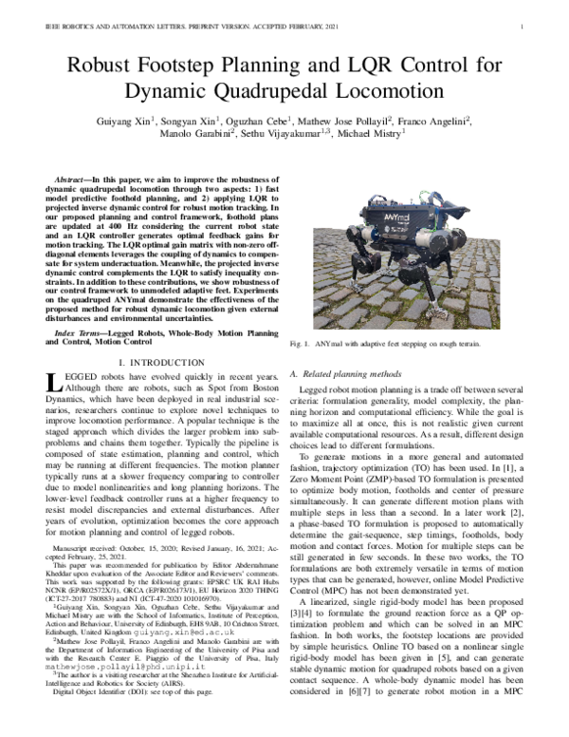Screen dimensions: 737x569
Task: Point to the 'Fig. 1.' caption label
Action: (301, 343)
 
